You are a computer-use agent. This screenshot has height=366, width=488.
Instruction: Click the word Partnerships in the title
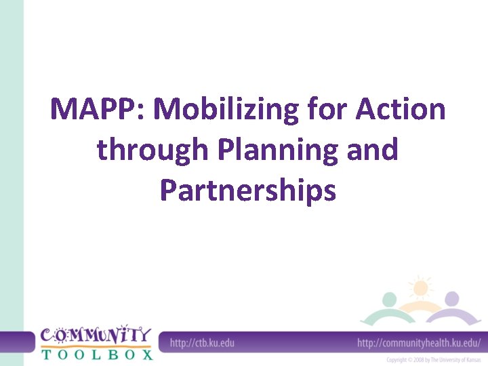[247, 190]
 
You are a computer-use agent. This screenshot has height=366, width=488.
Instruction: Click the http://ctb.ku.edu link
[202, 342]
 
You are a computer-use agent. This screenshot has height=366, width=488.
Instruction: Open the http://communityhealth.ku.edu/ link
[418, 342]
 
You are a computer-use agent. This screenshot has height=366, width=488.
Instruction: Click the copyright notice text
[433, 360]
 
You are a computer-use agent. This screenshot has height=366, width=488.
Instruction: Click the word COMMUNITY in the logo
[95, 335]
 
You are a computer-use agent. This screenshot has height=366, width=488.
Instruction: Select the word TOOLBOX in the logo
[96, 353]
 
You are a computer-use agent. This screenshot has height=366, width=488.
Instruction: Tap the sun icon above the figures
[420, 287]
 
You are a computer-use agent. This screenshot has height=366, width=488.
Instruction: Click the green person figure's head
[389, 300]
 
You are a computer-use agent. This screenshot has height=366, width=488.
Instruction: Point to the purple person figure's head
[451, 299]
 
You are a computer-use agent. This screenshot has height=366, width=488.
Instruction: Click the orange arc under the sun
[420, 308]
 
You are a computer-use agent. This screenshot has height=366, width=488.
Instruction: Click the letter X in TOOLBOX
[145, 353]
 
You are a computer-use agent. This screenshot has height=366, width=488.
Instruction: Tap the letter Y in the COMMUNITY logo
[144, 335]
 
